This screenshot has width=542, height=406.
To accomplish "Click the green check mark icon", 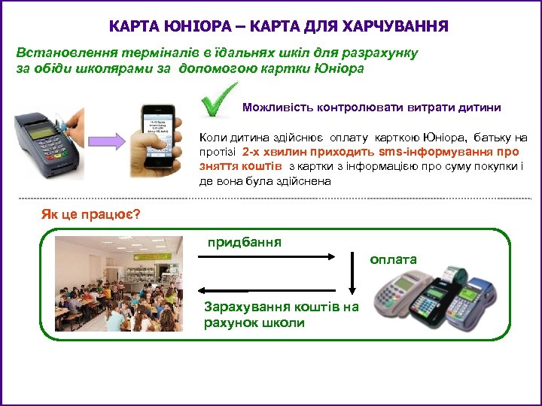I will coord(218,105).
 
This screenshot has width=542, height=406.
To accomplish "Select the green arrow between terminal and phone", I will coord(109,141).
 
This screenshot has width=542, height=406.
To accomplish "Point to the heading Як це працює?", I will coord(90,215).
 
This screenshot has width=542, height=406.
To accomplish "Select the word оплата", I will coord(393,259).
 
